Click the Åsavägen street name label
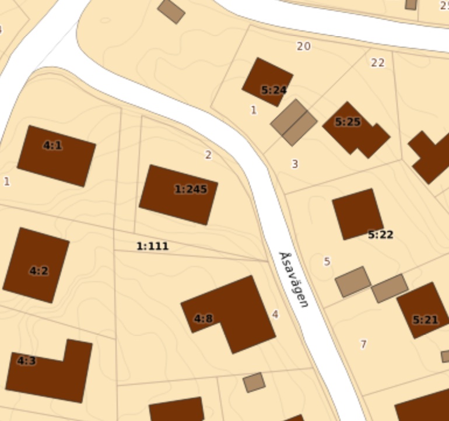click(293, 280)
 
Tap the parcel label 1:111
click(152, 246)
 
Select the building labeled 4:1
click(56, 155)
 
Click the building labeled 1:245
click(178, 194)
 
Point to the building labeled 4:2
click(36, 265)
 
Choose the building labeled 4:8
click(233, 312)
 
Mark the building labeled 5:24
click(268, 82)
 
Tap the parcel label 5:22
click(380, 234)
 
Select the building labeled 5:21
click(423, 310)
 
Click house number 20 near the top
click(303, 46)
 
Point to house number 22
click(378, 62)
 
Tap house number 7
click(363, 344)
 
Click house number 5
click(327, 261)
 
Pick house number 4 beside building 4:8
click(275, 315)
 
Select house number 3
click(294, 164)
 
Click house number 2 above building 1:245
click(208, 155)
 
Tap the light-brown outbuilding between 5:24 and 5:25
click(294, 122)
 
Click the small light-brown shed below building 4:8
click(254, 383)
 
